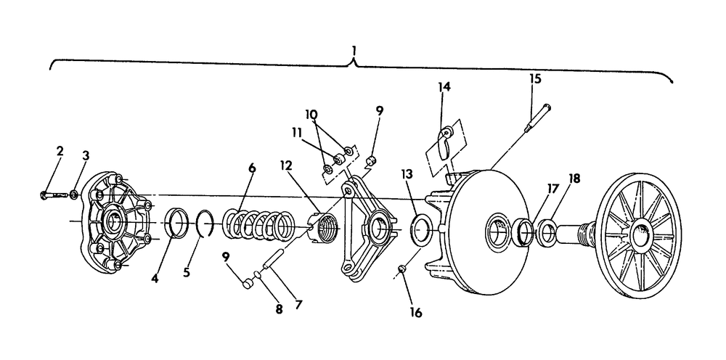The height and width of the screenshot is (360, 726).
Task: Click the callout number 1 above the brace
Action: point(354,51)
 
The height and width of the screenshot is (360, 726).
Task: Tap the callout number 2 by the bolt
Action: point(60,151)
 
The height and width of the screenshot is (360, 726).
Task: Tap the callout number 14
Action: point(444,88)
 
